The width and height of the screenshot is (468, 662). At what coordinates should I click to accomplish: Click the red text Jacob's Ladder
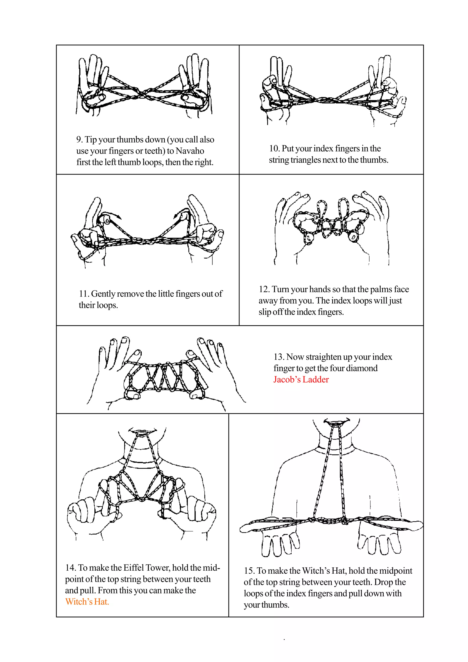(x=301, y=379)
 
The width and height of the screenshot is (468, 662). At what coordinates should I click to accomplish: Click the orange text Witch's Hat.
(x=87, y=602)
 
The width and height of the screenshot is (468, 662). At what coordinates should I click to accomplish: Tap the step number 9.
(x=79, y=140)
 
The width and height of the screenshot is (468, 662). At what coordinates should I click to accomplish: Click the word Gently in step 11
(x=103, y=294)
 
